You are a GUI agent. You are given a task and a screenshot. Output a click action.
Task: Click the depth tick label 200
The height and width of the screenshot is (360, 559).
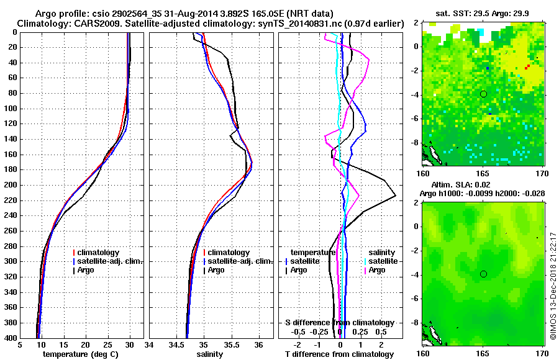tap(11, 185)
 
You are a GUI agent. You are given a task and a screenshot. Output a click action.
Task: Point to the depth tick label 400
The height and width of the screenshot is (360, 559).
tap(11, 338)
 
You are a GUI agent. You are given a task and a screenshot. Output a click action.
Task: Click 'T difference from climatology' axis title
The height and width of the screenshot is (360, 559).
tap(340, 354)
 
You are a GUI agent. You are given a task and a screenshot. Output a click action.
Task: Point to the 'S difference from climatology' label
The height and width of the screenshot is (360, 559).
tap(340, 323)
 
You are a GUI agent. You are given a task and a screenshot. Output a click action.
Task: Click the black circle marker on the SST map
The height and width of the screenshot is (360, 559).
tap(483, 94)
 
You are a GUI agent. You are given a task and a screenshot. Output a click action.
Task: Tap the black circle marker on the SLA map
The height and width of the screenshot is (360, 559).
tap(483, 274)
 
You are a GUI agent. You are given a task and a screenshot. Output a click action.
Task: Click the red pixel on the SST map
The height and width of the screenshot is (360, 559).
tap(528, 66)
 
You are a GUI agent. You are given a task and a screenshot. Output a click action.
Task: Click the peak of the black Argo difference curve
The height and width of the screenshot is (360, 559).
tap(396, 196)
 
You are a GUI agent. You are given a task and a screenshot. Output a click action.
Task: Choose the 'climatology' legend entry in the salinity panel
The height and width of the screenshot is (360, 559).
tap(229, 253)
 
